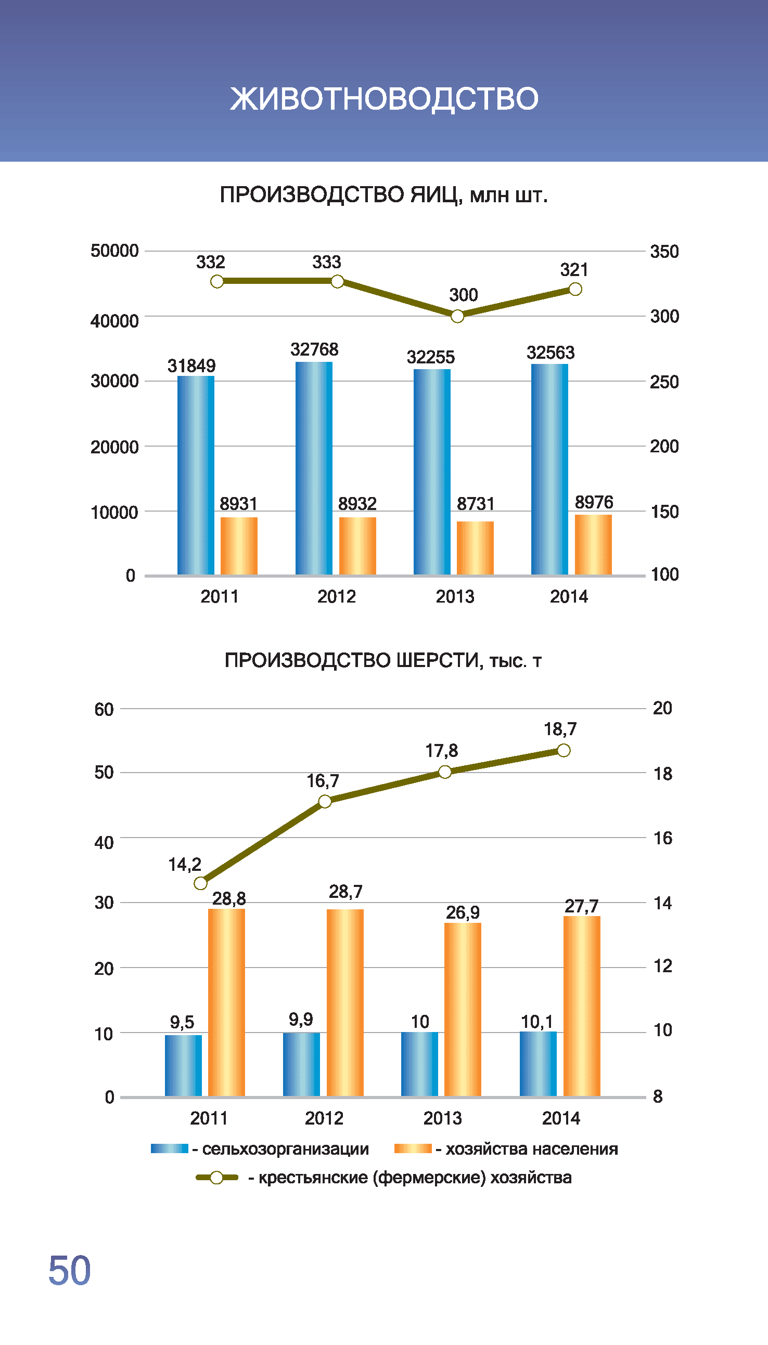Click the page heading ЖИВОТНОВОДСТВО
click(384, 99)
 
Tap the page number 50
click(70, 1270)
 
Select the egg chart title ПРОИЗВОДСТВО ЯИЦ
click(383, 195)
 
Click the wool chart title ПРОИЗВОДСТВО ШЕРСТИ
click(383, 660)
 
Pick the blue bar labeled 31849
click(196, 474)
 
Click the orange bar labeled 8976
click(593, 544)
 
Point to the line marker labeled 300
click(457, 316)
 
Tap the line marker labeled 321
click(575, 289)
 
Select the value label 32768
click(314, 349)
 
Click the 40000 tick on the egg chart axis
click(114, 321)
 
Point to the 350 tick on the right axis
click(664, 252)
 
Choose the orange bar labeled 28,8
click(226, 1002)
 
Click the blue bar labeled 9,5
click(183, 1065)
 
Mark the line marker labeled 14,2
click(200, 883)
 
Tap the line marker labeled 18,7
click(564, 750)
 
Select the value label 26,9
click(463, 912)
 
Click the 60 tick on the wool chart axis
click(104, 709)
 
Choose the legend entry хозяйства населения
click(531, 1149)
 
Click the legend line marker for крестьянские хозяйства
click(216, 1178)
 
